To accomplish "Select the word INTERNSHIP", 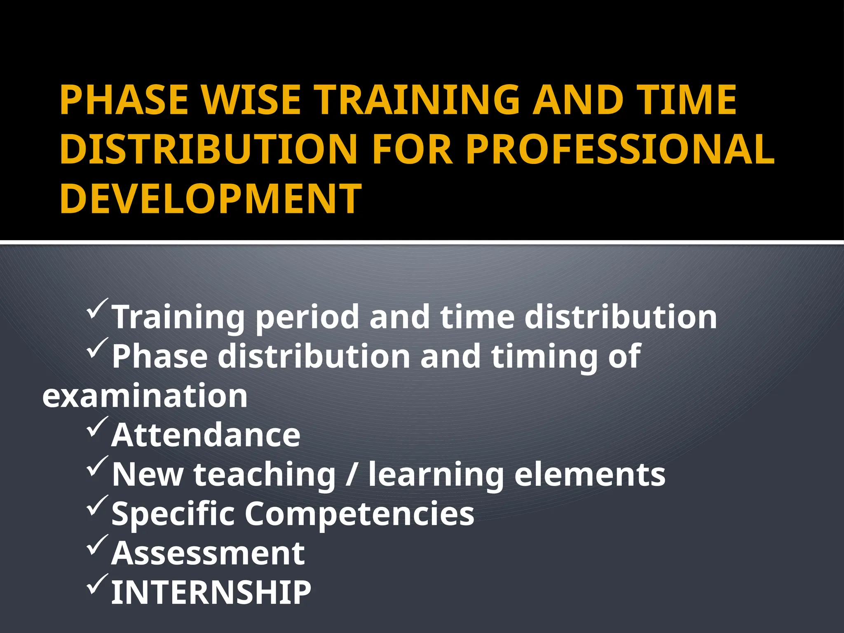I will [211, 593].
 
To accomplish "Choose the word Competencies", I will [359, 514].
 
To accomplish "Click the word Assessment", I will [208, 553].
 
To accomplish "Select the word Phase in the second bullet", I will [160, 356].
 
